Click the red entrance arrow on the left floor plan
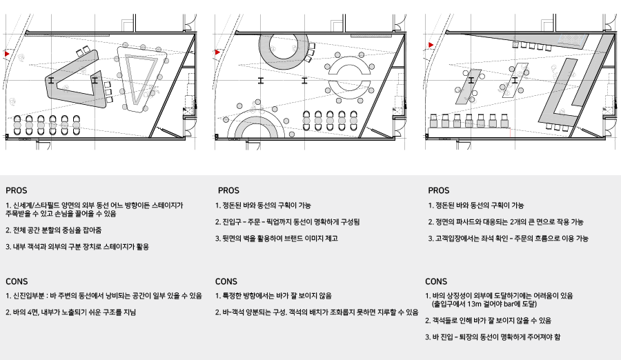(x=7, y=54)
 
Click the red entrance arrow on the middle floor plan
(x=217, y=52)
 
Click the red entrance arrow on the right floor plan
(x=431, y=45)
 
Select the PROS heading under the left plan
(x=17, y=190)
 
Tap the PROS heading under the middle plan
(x=228, y=190)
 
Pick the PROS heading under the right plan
(x=438, y=190)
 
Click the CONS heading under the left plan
(x=17, y=281)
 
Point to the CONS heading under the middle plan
(x=226, y=281)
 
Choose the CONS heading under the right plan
(x=436, y=281)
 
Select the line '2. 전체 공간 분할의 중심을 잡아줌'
(x=53, y=230)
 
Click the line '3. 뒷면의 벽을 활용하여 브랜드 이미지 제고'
(x=277, y=239)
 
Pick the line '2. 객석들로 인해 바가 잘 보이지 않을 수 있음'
(x=488, y=321)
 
